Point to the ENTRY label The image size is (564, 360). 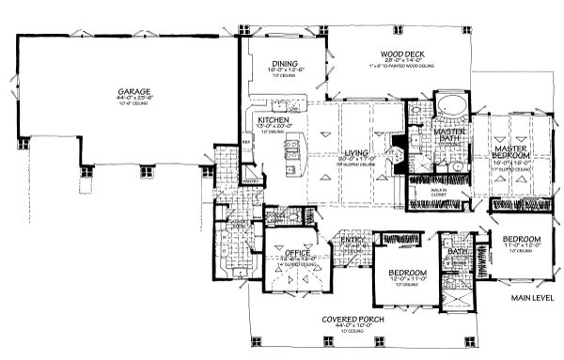(352, 240)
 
